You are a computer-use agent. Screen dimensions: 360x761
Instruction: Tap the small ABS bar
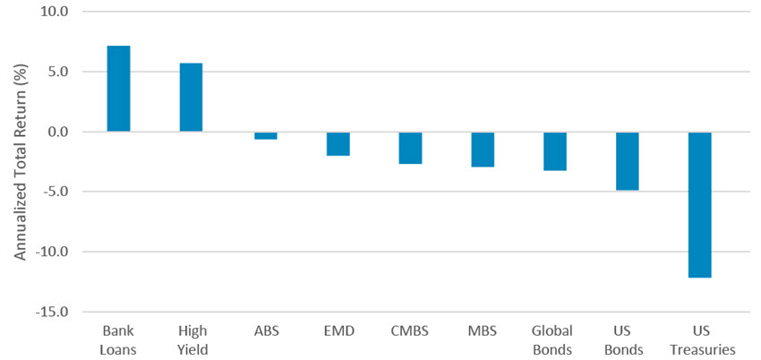pos(265,135)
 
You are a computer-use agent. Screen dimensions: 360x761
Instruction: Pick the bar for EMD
pos(338,143)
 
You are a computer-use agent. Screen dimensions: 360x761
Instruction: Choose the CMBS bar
pos(410,148)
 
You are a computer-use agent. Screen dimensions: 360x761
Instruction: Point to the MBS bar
pos(483,149)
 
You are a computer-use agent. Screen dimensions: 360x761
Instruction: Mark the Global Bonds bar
pos(555,150)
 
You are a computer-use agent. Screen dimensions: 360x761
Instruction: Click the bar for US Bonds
pos(628,160)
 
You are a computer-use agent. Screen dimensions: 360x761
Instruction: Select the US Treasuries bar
pos(701,204)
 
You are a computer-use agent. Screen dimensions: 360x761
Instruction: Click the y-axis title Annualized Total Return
pos(19,162)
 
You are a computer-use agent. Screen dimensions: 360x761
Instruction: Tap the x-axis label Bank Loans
pos(119,340)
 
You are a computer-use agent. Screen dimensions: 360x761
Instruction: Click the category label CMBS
pos(410,331)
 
